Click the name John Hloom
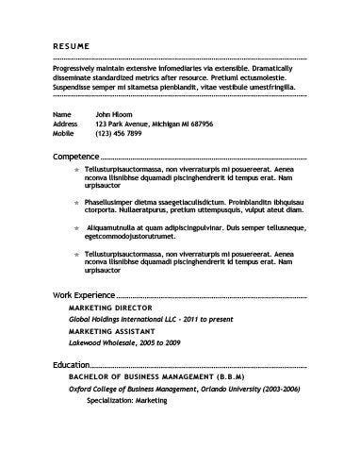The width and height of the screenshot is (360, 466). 116,113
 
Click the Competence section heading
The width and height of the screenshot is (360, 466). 75,157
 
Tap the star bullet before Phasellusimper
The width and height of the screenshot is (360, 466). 77,202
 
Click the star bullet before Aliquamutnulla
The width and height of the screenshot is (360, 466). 77,229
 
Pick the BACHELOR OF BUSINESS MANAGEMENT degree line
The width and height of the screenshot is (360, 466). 157,376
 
